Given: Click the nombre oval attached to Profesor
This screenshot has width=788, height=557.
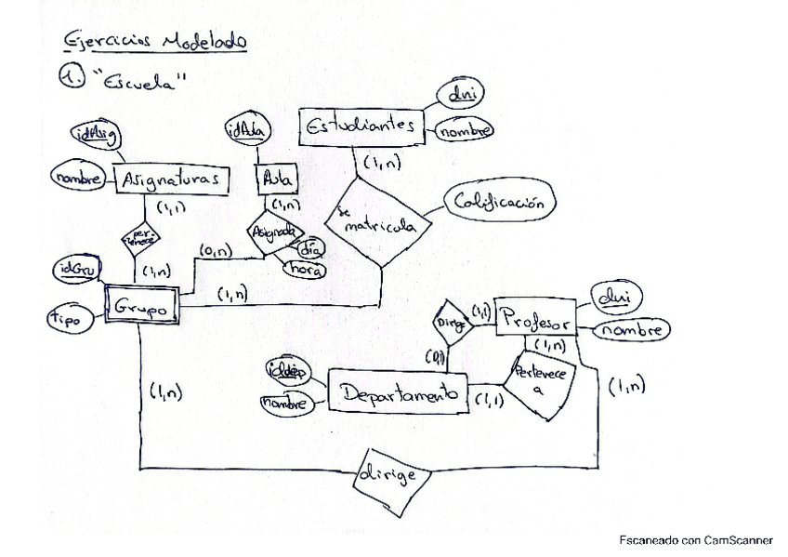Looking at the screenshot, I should tap(631, 329).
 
